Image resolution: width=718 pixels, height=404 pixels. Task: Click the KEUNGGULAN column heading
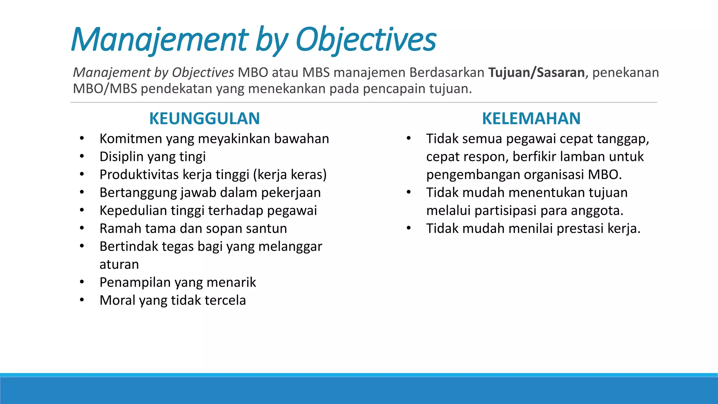point(204,119)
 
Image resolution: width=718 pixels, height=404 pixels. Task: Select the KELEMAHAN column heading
point(531,119)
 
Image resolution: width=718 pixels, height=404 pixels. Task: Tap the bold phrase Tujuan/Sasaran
point(536,73)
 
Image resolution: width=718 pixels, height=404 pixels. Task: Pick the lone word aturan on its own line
point(119,264)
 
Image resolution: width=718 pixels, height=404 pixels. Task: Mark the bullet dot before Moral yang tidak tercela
point(82,300)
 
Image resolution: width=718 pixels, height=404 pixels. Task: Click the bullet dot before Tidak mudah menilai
point(408,228)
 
